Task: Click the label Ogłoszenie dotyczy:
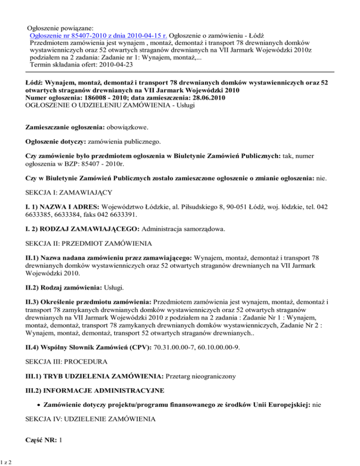tap(56, 140)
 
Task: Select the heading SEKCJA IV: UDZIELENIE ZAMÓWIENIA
tap(94, 421)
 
